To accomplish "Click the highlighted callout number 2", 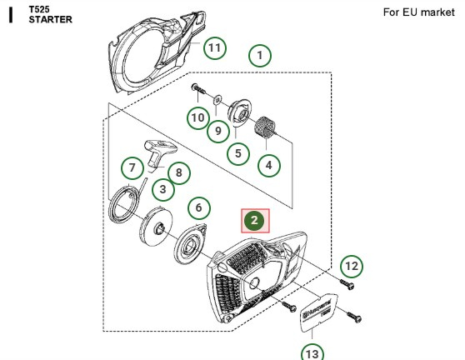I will pos(255,221).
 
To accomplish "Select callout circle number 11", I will pos(215,47).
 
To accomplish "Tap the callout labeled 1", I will pos(260,56).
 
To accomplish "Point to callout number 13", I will pos(311,352).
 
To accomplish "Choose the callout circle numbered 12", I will pos(351,266).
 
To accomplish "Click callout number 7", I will pos(132,167).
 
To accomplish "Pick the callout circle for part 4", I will pos(268,165).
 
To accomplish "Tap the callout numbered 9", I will pos(217,130).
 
